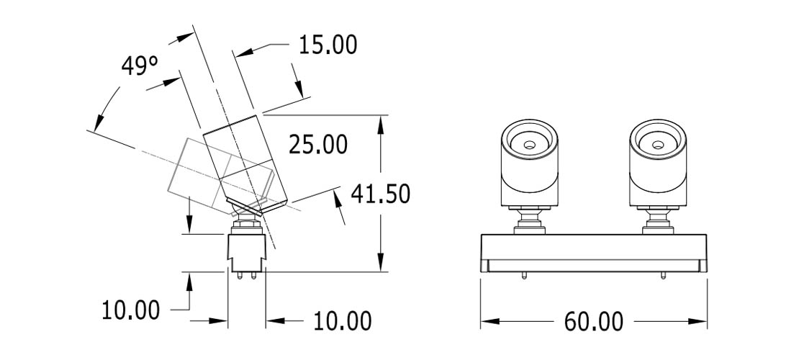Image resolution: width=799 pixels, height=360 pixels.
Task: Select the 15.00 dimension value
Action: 328,46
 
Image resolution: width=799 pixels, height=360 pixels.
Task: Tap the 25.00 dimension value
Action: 318,145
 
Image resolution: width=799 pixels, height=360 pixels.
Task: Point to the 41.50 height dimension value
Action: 380,194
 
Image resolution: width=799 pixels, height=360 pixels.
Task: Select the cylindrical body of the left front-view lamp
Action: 530,180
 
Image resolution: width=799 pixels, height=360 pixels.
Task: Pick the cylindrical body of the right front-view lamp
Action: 657,180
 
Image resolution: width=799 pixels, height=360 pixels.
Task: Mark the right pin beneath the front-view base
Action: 663,274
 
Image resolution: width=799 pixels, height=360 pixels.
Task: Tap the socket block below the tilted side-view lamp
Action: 247,249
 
